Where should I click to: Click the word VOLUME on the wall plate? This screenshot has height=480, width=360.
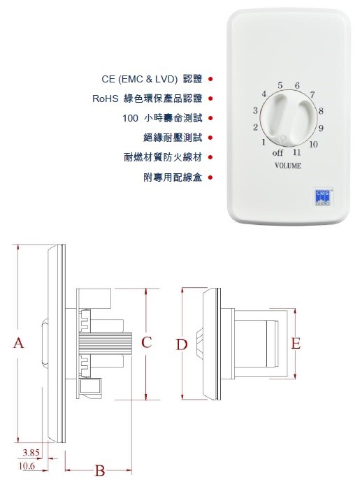click(x=288, y=166)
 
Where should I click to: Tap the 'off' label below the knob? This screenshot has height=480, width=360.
click(x=278, y=152)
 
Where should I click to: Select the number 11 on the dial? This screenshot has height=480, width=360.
click(x=296, y=152)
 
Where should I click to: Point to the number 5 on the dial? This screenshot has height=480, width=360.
click(x=280, y=85)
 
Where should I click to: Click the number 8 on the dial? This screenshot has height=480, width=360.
click(x=321, y=111)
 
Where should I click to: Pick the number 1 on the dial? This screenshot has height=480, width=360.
click(x=264, y=142)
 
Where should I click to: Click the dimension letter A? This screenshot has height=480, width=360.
click(x=19, y=343)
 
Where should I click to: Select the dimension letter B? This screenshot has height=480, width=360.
click(x=100, y=470)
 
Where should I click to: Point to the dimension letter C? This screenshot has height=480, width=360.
click(x=147, y=342)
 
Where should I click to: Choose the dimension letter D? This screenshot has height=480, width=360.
click(x=181, y=344)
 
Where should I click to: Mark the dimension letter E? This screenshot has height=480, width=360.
click(x=296, y=344)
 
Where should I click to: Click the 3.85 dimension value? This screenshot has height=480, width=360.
click(x=31, y=453)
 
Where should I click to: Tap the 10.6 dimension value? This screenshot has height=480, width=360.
click(x=27, y=466)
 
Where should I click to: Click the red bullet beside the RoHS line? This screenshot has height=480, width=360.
click(x=210, y=99)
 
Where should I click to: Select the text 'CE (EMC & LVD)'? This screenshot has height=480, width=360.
click(x=140, y=79)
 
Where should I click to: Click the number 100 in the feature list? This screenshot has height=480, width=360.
click(x=130, y=118)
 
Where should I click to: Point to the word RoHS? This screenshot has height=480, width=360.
click(x=105, y=99)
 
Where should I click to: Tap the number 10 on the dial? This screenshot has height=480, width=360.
click(x=313, y=144)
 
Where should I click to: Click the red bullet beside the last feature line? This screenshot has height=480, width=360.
click(x=210, y=177)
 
